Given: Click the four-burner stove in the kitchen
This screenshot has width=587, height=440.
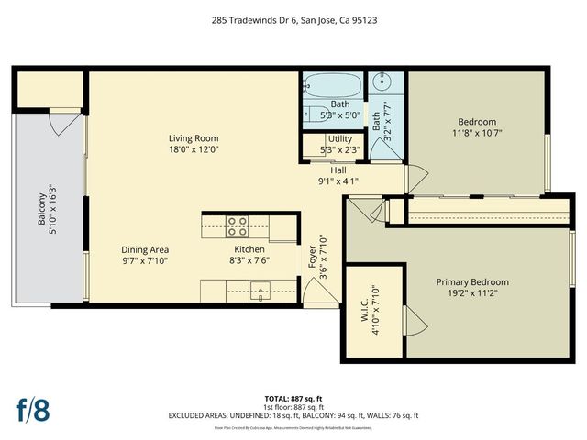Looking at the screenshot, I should click(237, 225).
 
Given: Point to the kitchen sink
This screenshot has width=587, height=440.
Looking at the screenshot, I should click(260, 292).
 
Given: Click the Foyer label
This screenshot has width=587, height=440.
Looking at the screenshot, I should click(312, 247).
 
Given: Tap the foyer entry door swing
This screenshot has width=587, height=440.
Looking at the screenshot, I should click(316, 293).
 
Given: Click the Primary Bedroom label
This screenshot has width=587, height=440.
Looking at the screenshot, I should click(471, 282).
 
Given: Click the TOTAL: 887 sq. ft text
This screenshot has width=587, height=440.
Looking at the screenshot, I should click(293, 400).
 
